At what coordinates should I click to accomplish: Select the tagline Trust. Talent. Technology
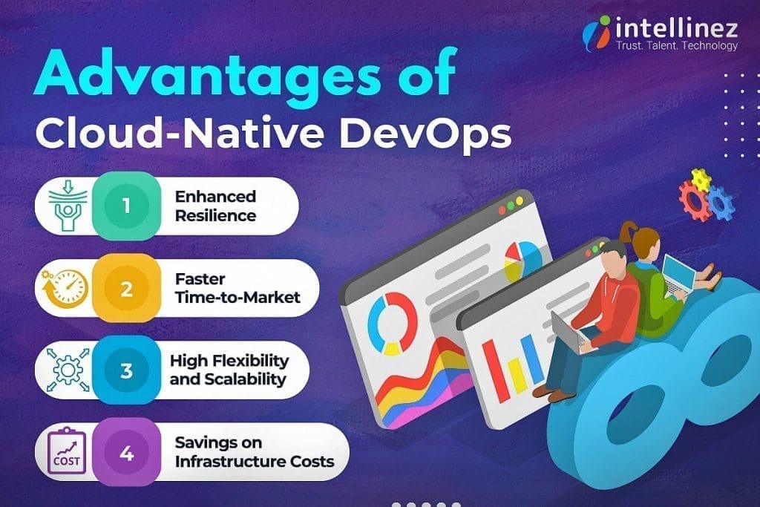click(677, 46)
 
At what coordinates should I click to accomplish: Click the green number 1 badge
click(126, 205)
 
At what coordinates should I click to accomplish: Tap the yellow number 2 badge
click(126, 288)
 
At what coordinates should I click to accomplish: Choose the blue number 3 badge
click(126, 370)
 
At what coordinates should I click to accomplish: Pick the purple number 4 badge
click(126, 452)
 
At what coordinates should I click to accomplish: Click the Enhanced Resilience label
click(215, 206)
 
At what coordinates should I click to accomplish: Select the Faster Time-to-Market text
click(237, 288)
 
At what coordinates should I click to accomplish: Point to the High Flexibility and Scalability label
click(228, 370)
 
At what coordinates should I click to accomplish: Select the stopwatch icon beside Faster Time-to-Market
click(65, 288)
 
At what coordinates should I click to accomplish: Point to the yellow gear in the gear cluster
click(701, 179)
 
